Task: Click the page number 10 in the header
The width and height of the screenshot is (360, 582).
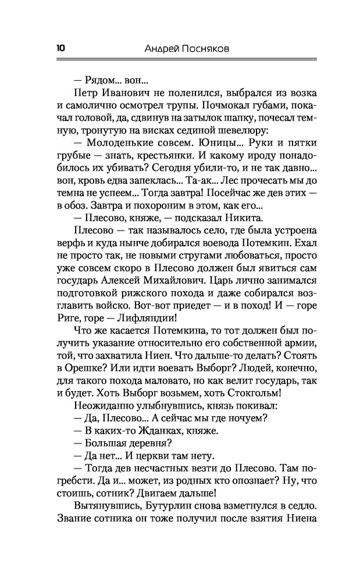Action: (61, 49)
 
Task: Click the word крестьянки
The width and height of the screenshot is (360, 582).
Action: (158, 157)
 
